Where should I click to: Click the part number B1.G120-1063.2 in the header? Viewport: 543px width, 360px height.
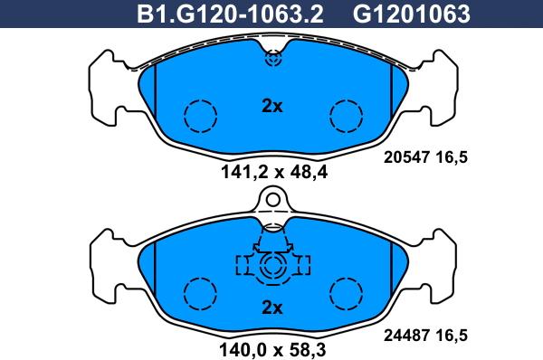pyautogui.click(x=230, y=14)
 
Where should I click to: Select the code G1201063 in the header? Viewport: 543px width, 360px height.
pyautogui.click(x=412, y=14)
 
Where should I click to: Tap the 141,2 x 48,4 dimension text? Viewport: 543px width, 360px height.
pyautogui.click(x=273, y=172)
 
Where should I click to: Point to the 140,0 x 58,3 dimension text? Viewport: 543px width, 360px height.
pyautogui.click(x=273, y=350)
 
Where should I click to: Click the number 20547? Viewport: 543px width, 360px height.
pyautogui.click(x=406, y=157)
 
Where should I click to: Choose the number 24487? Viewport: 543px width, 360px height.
pyautogui.click(x=406, y=335)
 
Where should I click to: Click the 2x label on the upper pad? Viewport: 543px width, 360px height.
pyautogui.click(x=272, y=107)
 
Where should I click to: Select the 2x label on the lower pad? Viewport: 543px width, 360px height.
pyautogui.click(x=272, y=308)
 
